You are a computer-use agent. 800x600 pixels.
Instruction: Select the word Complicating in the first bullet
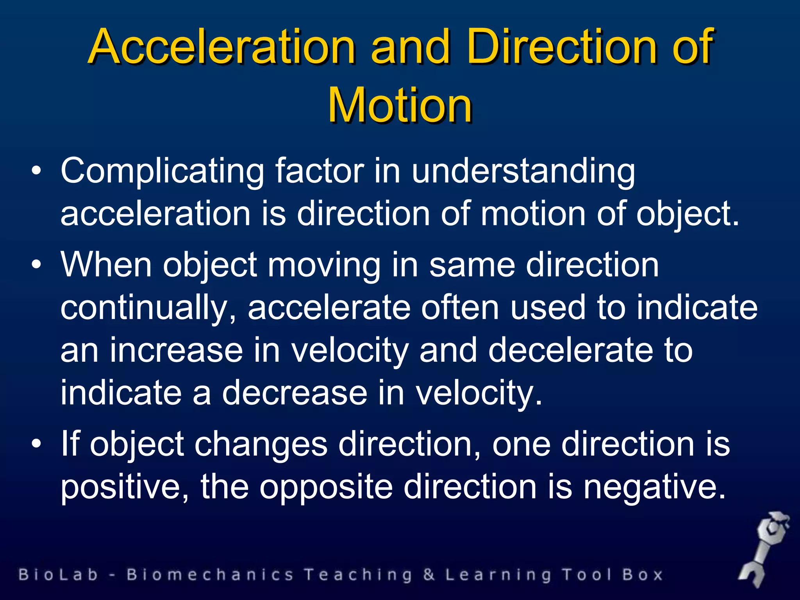tap(162, 171)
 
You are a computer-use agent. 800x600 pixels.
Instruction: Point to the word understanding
tap(523, 171)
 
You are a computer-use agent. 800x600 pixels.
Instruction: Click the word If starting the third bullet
tap(70, 444)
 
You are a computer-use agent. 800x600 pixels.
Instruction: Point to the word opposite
tap(327, 487)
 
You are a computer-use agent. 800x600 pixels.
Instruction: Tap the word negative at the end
tap(654, 487)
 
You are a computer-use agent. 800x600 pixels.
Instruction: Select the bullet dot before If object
tap(36, 444)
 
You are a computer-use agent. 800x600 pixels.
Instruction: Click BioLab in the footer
tap(58, 575)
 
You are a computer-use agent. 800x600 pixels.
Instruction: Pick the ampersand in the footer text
tap(429, 575)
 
